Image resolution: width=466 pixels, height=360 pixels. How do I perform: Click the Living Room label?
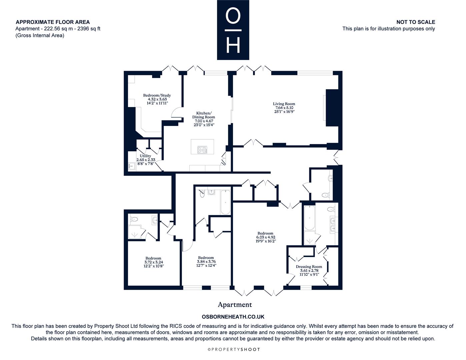(x=284, y=104)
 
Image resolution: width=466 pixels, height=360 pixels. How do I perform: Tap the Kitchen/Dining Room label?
(x=203, y=115)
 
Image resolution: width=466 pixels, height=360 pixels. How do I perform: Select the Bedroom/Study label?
(x=157, y=95)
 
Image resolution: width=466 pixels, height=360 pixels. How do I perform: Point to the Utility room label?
(x=145, y=156)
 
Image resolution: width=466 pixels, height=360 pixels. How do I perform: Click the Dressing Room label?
(x=309, y=267)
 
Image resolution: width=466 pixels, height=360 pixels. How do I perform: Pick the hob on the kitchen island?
(x=202, y=150)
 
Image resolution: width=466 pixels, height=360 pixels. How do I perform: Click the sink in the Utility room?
(x=131, y=166)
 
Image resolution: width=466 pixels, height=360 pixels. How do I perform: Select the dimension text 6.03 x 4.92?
(x=265, y=237)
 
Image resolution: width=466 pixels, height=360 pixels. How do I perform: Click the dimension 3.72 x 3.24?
(x=154, y=262)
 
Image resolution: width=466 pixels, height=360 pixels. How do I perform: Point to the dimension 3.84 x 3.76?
(x=206, y=262)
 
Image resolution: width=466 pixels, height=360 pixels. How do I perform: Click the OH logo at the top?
(x=233, y=30)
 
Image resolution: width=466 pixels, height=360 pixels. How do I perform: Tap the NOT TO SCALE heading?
(x=416, y=22)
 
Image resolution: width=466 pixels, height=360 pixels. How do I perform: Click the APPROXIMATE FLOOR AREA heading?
(x=53, y=22)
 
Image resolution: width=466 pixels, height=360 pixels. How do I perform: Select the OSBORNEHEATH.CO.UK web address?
(x=233, y=317)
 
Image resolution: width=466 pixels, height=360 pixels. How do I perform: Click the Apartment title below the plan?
(x=235, y=305)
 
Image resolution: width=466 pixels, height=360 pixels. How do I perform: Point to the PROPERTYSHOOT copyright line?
(x=234, y=349)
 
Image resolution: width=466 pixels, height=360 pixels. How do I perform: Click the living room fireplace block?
(x=332, y=108)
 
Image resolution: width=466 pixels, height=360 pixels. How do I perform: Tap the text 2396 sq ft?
(x=89, y=29)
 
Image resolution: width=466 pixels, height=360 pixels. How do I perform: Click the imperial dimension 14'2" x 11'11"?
(x=157, y=103)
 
